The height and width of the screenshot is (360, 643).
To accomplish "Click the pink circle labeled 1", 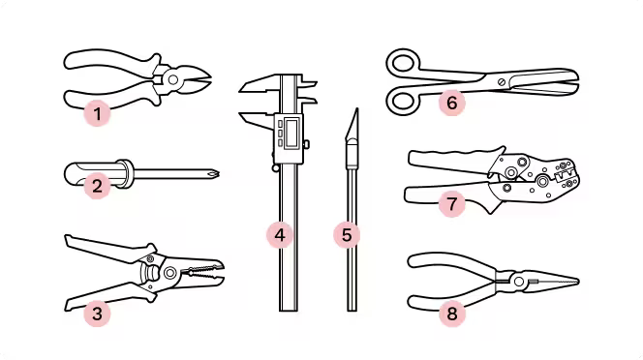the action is tap(97, 113).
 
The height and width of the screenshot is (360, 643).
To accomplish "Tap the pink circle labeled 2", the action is tap(97, 186).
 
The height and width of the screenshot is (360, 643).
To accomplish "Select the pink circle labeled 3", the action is tap(97, 314).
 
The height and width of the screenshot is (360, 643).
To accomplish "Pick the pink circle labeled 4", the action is tap(280, 235).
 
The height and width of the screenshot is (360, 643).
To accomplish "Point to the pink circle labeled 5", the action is tap(347, 235).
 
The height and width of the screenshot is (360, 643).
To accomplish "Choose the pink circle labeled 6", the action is tap(451, 103).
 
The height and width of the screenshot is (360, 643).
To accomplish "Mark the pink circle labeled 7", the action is tap(451, 203).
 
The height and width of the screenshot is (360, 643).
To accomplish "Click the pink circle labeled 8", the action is tap(451, 314).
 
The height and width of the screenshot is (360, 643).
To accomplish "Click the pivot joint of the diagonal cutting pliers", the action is tap(173, 79).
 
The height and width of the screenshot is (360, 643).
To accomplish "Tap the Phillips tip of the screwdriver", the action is tap(214, 174).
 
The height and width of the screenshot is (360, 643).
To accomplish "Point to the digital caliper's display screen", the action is tap(292, 132).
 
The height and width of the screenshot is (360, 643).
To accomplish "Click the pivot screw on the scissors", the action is tap(501, 81).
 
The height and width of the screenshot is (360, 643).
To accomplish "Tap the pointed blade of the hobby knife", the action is tap(352, 124).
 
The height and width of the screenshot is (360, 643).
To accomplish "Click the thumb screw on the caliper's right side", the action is tap(306, 144).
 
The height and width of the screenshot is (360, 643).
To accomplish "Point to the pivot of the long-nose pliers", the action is tap(519, 282).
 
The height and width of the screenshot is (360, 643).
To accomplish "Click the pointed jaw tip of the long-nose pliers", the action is tap(576, 282).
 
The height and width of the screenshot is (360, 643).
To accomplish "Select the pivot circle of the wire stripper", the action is tap(169, 273).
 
